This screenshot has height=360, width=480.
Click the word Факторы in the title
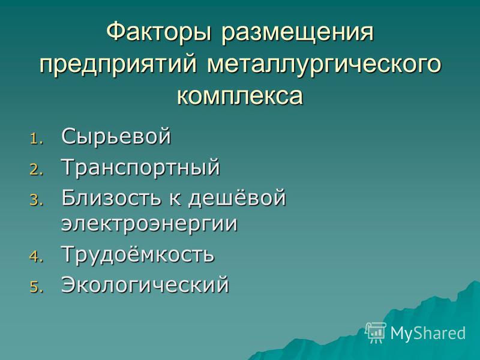[x=159, y=32]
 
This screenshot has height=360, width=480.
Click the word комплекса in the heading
[x=239, y=95]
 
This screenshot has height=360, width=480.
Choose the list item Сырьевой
[x=116, y=137]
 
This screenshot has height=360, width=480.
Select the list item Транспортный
[x=141, y=168]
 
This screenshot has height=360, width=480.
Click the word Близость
[x=111, y=197]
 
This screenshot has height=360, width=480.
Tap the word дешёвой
[x=236, y=197]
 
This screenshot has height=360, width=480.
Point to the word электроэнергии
[x=149, y=224]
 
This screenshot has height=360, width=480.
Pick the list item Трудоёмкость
[x=138, y=255]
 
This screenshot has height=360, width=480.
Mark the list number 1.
[x=37, y=139]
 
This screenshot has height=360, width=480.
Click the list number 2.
[x=37, y=170]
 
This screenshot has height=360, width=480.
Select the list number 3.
[x=37, y=201]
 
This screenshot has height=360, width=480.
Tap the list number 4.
[x=37, y=257]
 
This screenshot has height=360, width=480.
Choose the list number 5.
[x=37, y=287]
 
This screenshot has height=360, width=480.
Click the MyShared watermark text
[x=428, y=333]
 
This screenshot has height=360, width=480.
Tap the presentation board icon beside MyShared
[x=376, y=332]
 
